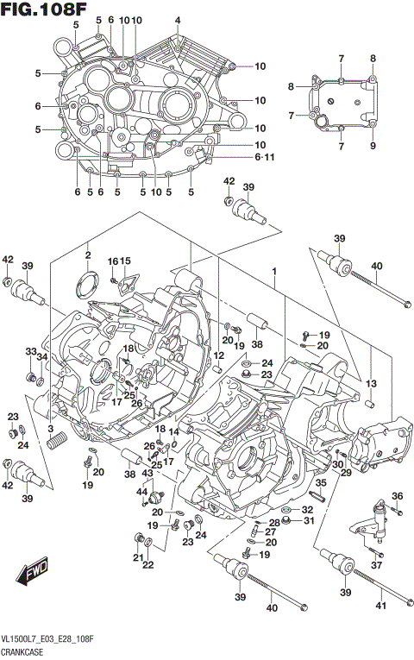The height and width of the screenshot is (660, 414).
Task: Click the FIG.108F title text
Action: coord(45,11)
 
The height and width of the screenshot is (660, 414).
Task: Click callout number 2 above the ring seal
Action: coord(88,255)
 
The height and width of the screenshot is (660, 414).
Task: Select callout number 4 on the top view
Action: coord(178,21)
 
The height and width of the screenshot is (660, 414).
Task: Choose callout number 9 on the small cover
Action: coord(373,146)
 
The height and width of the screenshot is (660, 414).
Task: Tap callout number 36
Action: coord(397,495)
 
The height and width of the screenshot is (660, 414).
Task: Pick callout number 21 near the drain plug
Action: coord(137,558)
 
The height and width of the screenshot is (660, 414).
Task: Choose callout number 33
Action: coord(30,352)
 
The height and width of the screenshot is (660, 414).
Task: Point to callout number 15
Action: coord(125,261)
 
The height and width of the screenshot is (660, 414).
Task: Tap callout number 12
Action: coord(218,355)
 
